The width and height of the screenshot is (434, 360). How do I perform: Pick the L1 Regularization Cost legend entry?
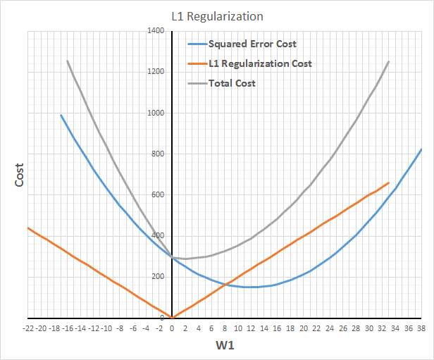pos(260,63)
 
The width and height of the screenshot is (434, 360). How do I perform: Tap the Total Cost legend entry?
pos(232,83)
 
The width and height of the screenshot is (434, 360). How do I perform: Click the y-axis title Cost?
pos(20,176)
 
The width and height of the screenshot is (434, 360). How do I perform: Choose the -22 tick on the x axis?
pos(28,328)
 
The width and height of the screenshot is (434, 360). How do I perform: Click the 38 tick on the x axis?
pos(421,328)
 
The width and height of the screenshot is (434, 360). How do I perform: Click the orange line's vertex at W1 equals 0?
pos(172,318)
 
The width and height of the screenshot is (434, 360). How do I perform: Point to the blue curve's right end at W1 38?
pos(421,149)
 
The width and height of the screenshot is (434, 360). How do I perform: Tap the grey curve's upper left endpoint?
pos(68,61)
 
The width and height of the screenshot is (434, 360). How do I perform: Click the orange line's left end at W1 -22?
pos(28,228)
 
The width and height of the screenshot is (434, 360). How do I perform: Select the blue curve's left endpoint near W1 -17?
pos(61,115)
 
